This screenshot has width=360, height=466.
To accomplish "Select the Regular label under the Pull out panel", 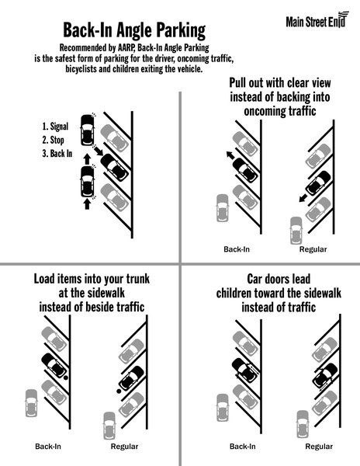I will pyautogui.click(x=313, y=250).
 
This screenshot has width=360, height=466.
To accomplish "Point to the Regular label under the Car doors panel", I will pyautogui.click(x=319, y=447).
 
